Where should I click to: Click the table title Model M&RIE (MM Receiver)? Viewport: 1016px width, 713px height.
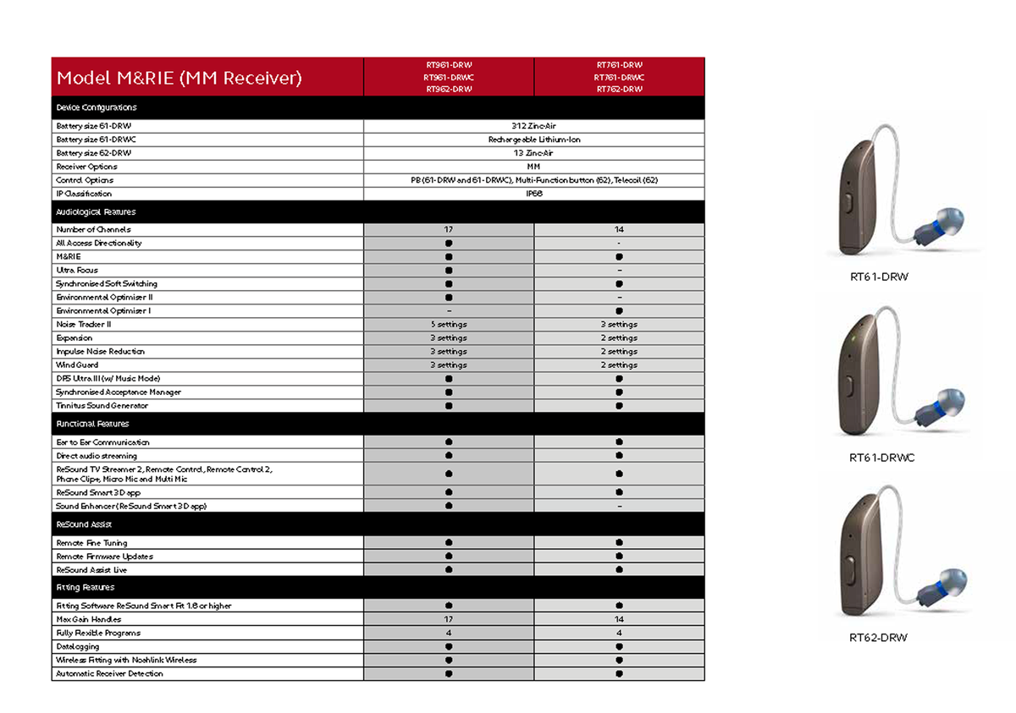[x=179, y=79]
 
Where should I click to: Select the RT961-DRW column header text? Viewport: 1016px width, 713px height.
[x=449, y=64]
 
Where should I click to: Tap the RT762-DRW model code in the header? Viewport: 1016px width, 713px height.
[x=619, y=89]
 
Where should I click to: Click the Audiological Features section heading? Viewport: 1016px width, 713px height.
[x=96, y=211]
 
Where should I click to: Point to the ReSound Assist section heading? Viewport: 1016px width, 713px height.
[x=85, y=524]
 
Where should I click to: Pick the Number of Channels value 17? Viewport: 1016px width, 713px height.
[x=449, y=229]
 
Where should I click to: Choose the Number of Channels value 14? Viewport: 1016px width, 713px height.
[x=619, y=229]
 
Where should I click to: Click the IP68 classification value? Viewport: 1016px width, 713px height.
[x=533, y=194]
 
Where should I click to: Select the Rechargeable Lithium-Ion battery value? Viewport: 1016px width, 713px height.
[x=533, y=140]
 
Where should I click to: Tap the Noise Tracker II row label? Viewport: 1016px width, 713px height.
[x=84, y=324]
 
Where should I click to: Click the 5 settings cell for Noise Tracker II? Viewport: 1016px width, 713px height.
[x=449, y=324]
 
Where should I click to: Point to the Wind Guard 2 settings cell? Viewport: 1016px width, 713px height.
[x=619, y=365]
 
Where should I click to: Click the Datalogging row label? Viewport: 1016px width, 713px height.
[x=78, y=646]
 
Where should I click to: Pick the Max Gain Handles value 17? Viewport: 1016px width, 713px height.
[x=449, y=619]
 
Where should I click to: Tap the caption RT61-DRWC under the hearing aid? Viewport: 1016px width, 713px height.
[x=881, y=458]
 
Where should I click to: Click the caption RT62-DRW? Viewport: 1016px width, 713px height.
[x=878, y=637]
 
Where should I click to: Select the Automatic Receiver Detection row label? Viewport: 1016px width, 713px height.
[x=109, y=673]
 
